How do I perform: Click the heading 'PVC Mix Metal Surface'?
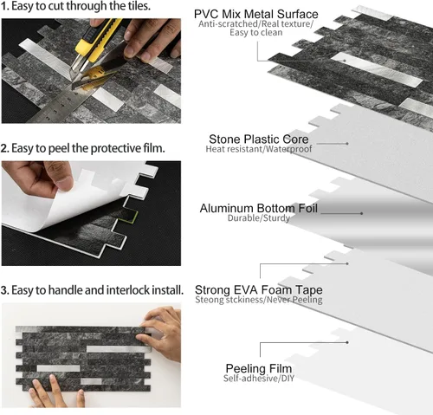[x=255, y=14]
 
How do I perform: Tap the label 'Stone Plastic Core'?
[x=259, y=139]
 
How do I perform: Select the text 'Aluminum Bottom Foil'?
[x=259, y=208]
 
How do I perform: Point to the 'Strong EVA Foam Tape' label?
[x=259, y=289]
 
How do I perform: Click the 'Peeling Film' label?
[x=259, y=368]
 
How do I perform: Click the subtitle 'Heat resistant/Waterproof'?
[x=259, y=149]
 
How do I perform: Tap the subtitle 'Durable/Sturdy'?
[x=259, y=218]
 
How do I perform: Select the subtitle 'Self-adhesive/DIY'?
[x=259, y=378]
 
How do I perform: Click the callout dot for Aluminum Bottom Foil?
[x=362, y=213]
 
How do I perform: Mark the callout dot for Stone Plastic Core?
[x=347, y=143]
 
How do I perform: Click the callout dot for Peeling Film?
[x=347, y=342]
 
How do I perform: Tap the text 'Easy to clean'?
[x=256, y=33]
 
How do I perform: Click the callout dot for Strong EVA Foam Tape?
[x=347, y=263]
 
